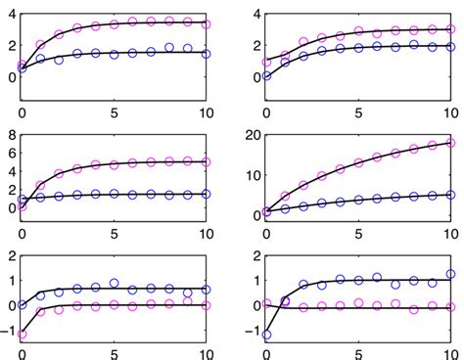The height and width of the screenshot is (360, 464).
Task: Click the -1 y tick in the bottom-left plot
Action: [7, 330]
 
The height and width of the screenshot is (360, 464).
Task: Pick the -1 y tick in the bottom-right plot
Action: [250, 330]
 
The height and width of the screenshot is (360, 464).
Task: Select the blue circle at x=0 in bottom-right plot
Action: [265, 335]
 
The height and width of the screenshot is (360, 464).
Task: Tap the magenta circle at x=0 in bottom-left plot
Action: [22, 334]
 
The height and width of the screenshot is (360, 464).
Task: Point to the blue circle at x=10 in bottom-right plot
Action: [450, 275]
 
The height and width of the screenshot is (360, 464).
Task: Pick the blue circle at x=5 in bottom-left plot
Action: [114, 284]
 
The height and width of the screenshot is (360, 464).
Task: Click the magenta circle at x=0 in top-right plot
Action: [265, 62]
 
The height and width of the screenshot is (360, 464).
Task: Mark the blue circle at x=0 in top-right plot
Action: [265, 75]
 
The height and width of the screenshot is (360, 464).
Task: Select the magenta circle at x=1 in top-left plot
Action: [40, 45]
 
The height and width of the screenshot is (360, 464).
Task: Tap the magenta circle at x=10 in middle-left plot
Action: [207, 162]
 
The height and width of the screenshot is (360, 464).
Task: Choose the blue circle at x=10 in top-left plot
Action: [207, 54]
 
